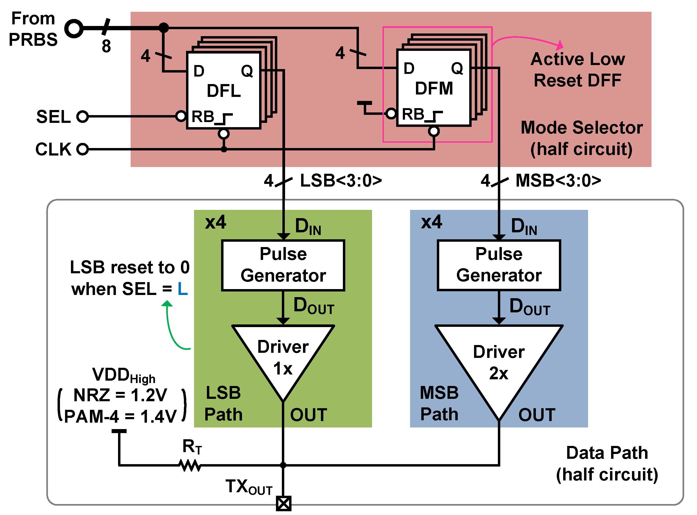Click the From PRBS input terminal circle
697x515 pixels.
[74, 28]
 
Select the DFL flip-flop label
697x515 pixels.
[224, 91]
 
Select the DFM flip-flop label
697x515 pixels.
[434, 89]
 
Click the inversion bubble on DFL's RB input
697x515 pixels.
[181, 116]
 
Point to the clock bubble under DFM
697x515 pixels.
[434, 131]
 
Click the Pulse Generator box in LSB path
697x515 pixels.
[283, 265]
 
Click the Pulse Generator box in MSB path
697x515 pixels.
[499, 265]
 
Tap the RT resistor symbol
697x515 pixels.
[190, 465]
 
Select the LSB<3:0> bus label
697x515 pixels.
[341, 181]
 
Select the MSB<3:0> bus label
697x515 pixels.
[558, 181]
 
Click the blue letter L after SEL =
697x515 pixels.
[183, 289]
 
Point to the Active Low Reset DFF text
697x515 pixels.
[578, 70]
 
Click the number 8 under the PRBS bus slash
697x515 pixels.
[106, 46]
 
